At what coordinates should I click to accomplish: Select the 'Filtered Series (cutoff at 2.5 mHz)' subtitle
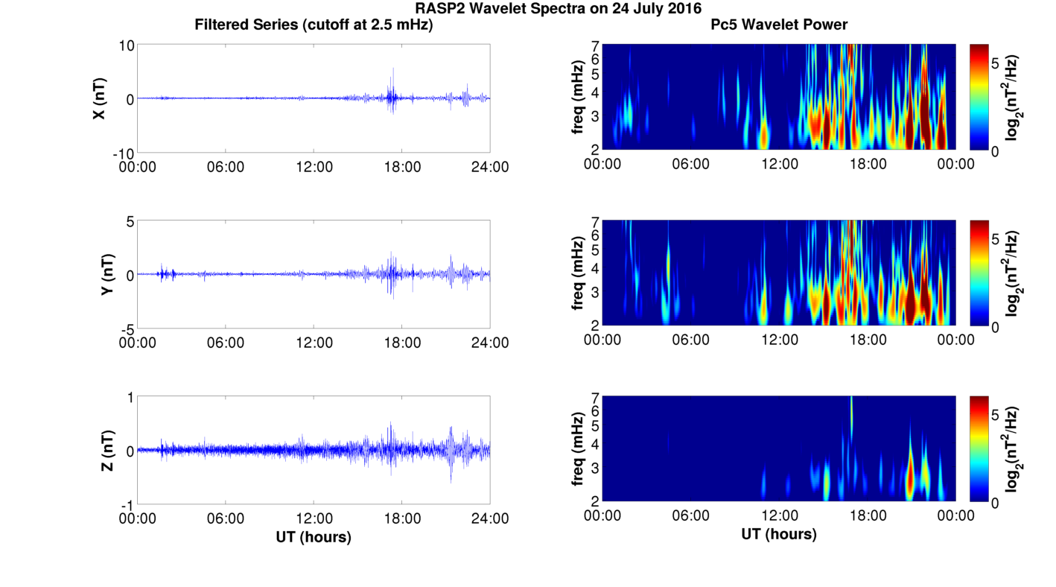(x=314, y=25)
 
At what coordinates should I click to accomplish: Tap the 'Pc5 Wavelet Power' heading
(x=779, y=25)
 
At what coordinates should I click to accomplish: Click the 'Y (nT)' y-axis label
(x=108, y=274)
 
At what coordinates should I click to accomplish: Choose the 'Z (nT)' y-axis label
(x=108, y=451)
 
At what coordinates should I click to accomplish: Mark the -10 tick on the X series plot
(x=122, y=153)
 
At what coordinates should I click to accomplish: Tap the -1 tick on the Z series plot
(x=127, y=504)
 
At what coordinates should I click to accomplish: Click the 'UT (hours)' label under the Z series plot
(x=313, y=536)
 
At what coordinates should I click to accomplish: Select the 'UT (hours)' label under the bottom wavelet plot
(x=778, y=534)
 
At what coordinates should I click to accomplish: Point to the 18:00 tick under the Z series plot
(x=401, y=519)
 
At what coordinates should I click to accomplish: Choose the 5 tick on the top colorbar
(x=999, y=64)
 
